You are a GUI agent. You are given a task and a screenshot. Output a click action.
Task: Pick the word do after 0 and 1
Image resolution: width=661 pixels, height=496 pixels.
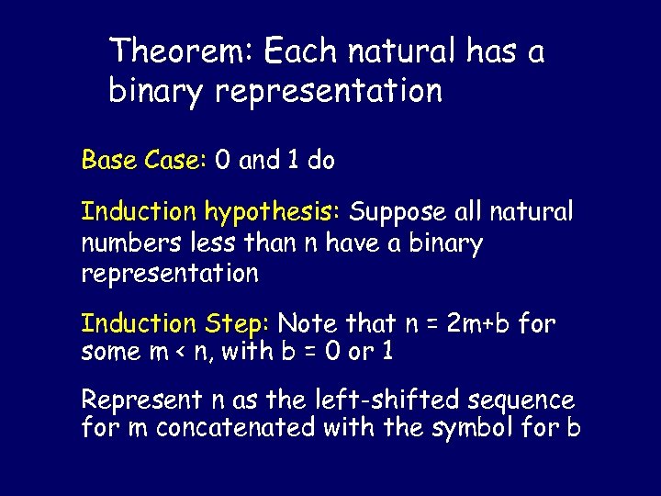click(x=321, y=161)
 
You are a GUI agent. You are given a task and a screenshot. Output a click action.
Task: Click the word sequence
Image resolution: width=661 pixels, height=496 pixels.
click(x=521, y=401)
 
